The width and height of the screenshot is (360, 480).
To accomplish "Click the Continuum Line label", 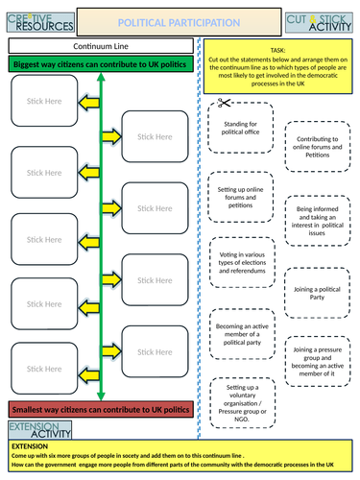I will click(x=101, y=45).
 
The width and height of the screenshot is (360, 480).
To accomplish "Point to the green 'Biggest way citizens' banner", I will click(x=101, y=63).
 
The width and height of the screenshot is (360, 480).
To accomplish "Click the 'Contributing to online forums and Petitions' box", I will click(x=318, y=145).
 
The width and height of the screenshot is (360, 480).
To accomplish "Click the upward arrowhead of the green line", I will click(x=101, y=75).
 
